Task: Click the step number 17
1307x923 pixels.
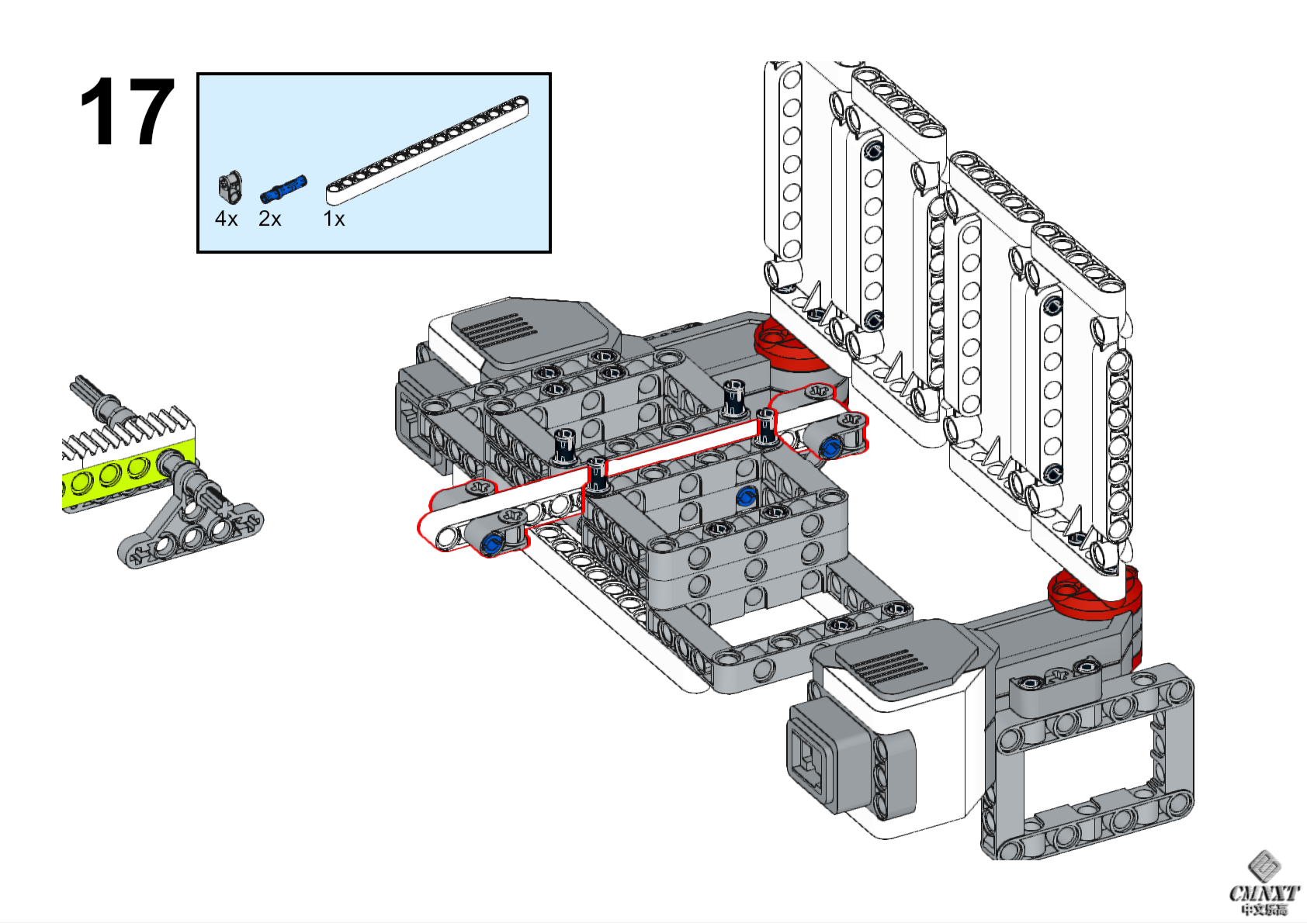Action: click(x=127, y=112)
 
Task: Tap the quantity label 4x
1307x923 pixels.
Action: click(x=226, y=220)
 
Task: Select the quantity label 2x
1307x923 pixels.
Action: click(x=269, y=220)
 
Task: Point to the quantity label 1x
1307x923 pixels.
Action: click(x=334, y=220)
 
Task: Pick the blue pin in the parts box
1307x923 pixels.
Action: click(x=283, y=188)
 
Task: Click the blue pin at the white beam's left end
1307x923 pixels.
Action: click(x=490, y=543)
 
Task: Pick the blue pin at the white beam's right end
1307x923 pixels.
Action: click(x=830, y=448)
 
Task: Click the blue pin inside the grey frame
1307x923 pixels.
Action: click(x=745, y=497)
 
